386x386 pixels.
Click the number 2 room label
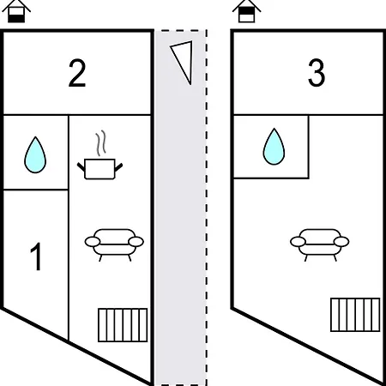point(77,73)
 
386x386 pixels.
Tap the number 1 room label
point(37,256)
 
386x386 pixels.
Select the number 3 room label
point(317,73)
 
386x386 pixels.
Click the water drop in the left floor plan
point(35,154)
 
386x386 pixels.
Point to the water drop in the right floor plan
point(274,147)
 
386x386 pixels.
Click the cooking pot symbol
point(100,169)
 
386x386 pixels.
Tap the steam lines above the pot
point(101,143)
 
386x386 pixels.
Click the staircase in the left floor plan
point(123,325)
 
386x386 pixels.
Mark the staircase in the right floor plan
point(355,315)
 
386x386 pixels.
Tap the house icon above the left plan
point(16,11)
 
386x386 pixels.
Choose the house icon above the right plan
point(246,11)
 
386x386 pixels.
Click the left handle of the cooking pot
point(81,166)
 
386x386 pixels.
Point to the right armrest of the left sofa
point(136,242)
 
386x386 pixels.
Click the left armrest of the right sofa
point(298,242)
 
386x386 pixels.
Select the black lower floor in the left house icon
point(16,19)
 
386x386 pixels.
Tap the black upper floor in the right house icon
point(246,11)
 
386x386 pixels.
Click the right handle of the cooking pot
point(118,167)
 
